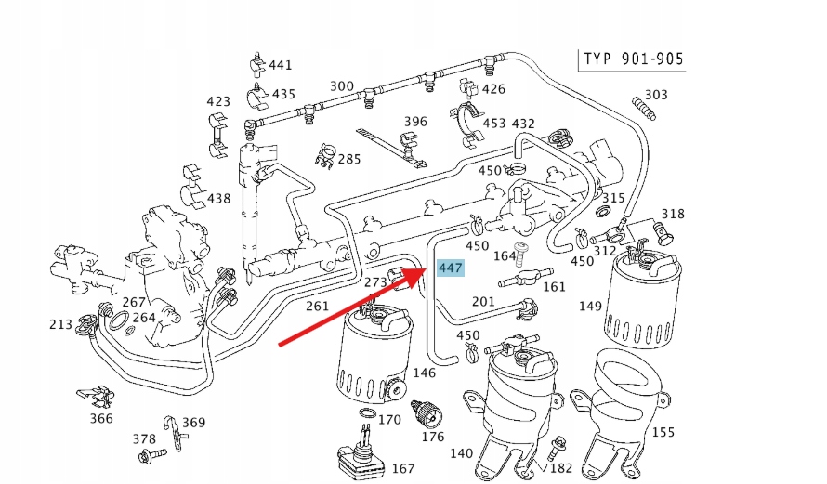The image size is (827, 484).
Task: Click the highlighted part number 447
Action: click(450, 268)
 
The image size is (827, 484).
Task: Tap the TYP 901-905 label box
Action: click(633, 60)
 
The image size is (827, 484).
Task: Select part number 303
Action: click(656, 95)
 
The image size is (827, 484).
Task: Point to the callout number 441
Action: click(280, 66)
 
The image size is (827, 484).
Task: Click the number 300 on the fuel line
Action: click(341, 86)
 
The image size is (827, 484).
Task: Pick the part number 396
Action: click(415, 122)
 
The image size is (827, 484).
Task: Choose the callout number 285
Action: click(348, 159)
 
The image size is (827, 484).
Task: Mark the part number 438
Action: click(218, 198)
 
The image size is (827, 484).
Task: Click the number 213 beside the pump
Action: click(61, 324)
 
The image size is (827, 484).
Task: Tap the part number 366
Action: click(101, 419)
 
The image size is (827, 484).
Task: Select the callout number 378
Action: click(144, 438)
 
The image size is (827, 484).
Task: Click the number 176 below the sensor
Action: click(433, 437)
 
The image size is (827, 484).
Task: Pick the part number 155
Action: click(663, 432)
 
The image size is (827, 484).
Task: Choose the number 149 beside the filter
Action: click(591, 304)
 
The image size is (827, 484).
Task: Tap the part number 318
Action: click(673, 214)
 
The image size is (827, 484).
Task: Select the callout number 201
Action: click(484, 301)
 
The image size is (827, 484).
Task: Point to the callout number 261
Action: click(318, 306)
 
